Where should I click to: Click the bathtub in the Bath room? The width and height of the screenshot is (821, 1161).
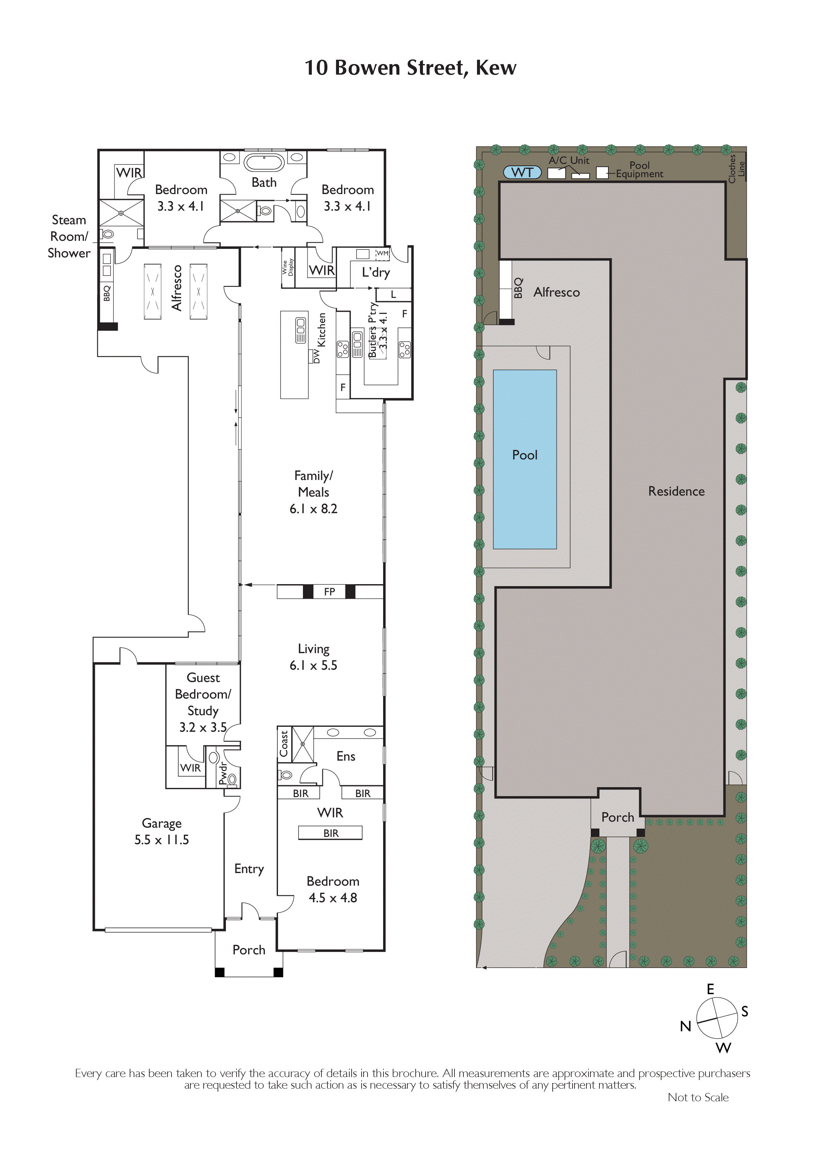(x=264, y=163)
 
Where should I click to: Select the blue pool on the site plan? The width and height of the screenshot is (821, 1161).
(x=525, y=459)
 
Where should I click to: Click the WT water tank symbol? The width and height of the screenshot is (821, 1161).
(x=522, y=172)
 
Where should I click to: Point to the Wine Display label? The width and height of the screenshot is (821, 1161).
(x=288, y=267)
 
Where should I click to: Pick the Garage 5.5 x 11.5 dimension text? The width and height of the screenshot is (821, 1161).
(x=162, y=840)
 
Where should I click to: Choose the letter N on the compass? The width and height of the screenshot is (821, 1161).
(x=685, y=1026)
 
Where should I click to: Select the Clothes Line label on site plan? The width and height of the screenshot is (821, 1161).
(x=736, y=169)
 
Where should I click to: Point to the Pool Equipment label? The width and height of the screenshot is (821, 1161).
(x=640, y=170)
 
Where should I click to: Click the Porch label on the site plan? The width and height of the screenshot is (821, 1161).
(x=617, y=817)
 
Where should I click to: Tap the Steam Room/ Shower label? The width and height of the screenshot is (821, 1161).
(x=69, y=236)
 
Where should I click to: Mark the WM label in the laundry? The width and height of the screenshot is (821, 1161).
(x=382, y=253)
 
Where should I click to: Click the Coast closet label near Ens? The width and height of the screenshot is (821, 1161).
(x=284, y=743)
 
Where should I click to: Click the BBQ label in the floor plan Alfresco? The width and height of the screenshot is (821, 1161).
(x=107, y=293)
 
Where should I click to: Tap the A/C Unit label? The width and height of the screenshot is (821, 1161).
(x=569, y=160)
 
